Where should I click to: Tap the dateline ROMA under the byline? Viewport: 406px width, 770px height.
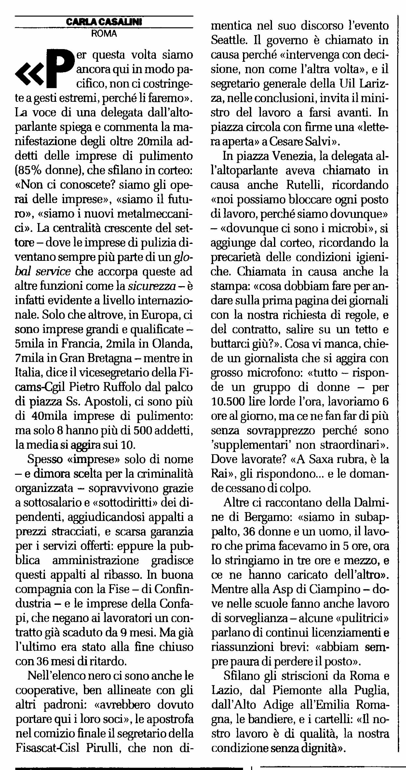(x=104, y=33)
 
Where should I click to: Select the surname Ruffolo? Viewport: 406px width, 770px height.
(x=113, y=387)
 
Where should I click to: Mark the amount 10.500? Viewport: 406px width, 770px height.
(x=228, y=402)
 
